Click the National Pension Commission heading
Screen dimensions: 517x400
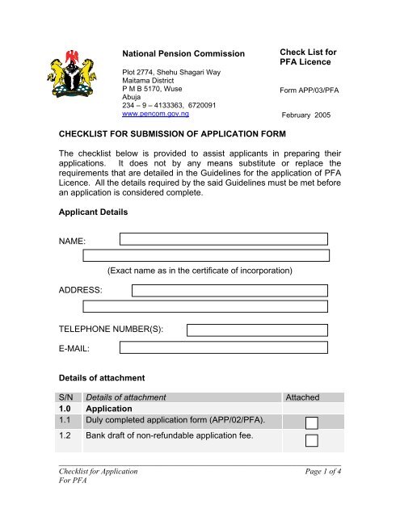183,54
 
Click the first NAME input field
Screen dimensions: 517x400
223,238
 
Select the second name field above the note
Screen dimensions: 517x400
207,255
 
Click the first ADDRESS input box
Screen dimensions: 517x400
230,290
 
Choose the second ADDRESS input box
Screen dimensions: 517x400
207,307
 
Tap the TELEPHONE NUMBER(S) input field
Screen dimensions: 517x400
257,330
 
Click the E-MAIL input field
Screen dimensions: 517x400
223,347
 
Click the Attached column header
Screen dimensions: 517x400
303,397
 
